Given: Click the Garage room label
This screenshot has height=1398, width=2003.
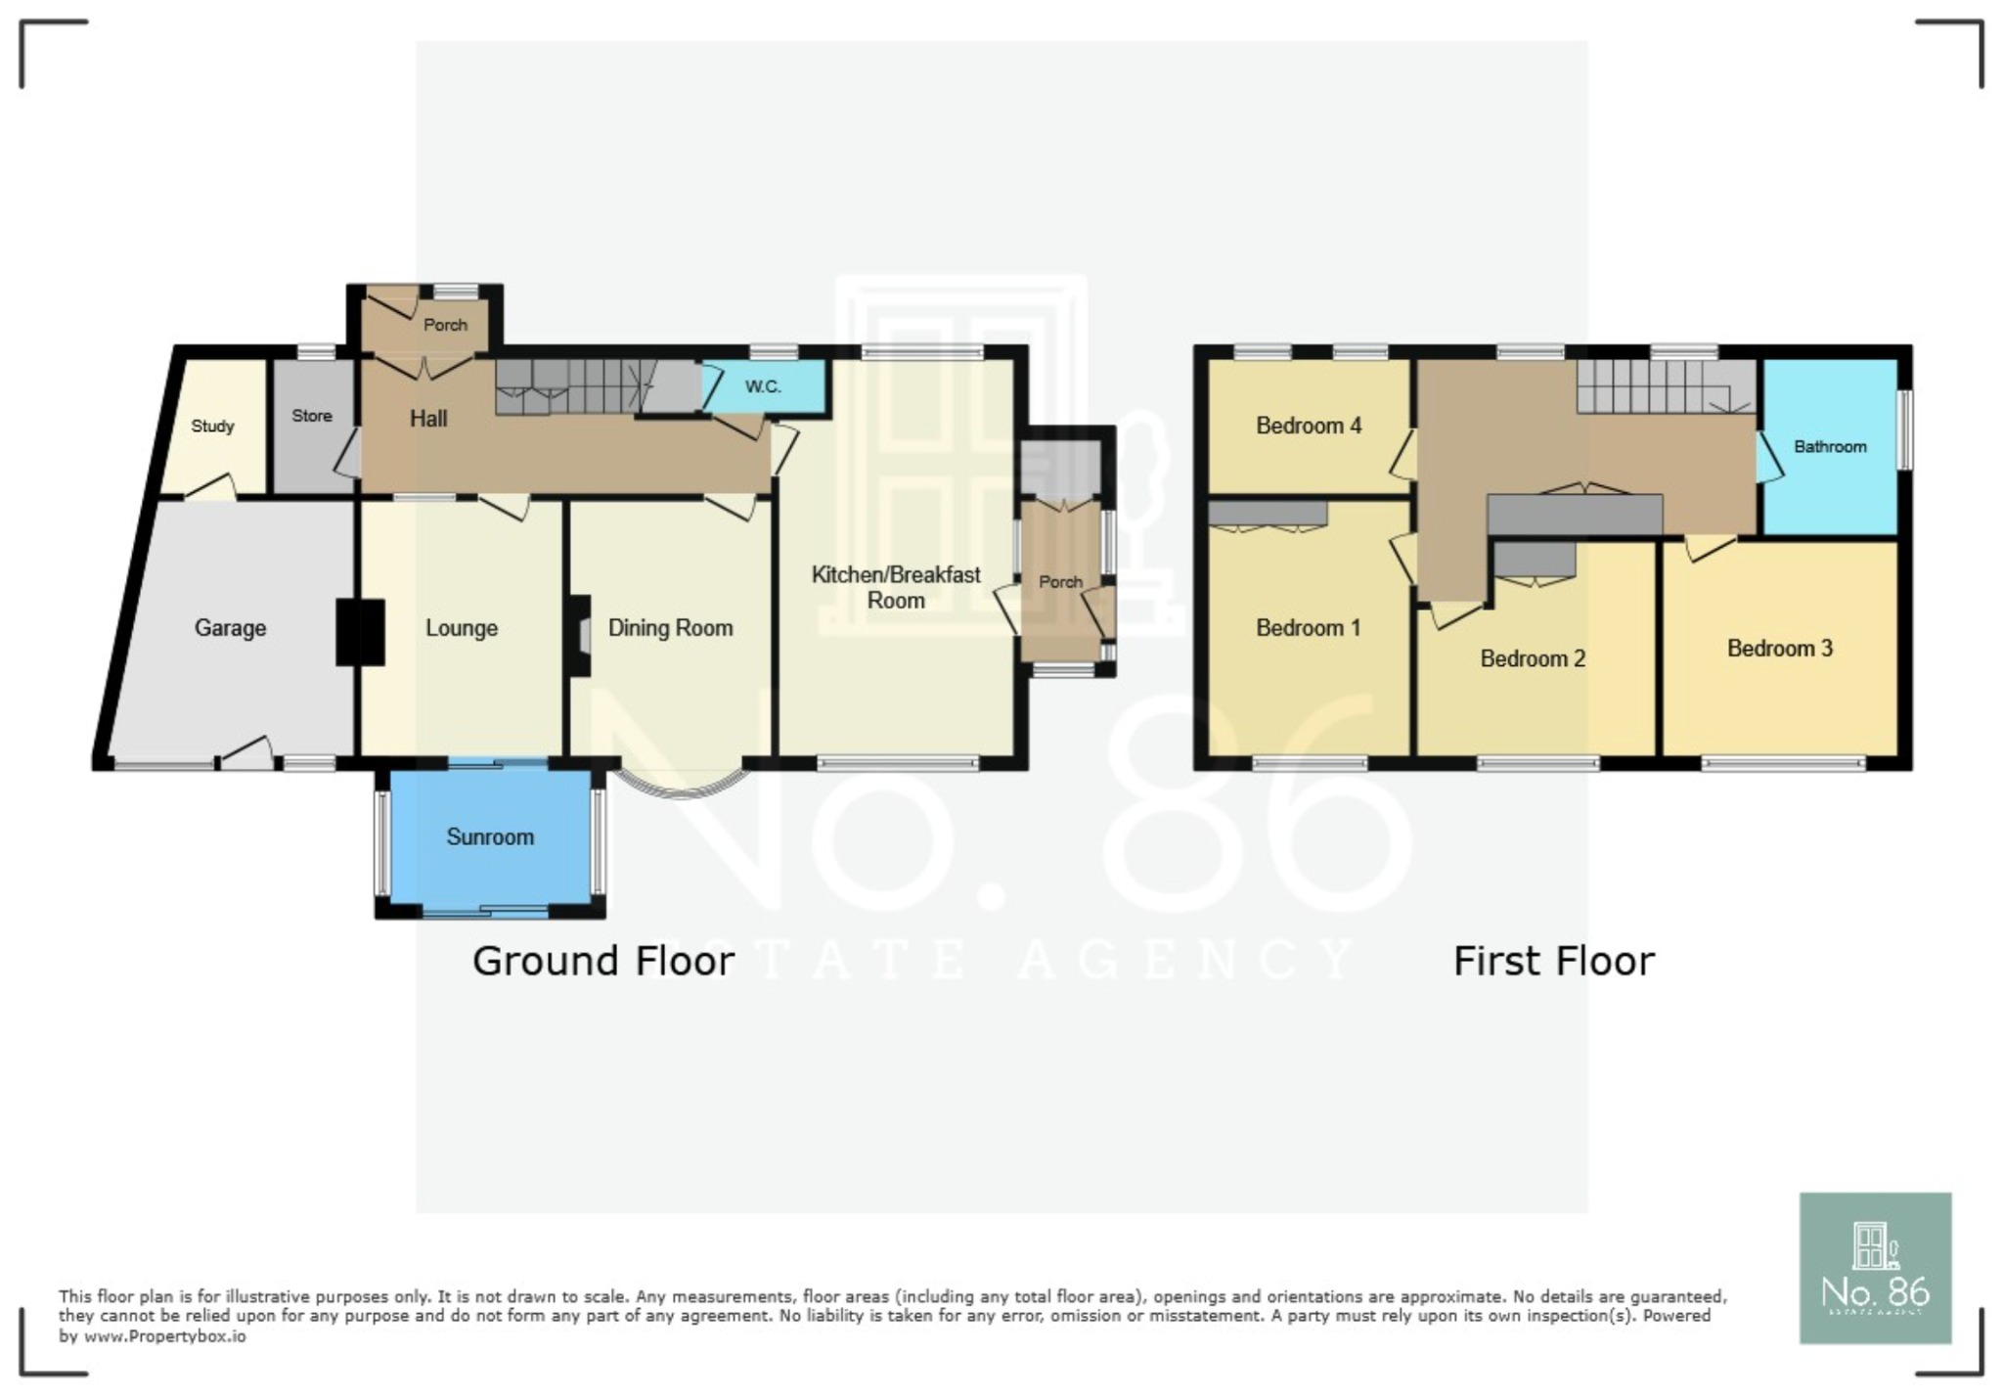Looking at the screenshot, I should (230, 628).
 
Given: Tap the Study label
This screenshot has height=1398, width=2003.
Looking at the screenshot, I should (212, 427).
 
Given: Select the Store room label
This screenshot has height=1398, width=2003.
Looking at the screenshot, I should (312, 416).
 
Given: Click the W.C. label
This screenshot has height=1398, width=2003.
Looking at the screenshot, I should (763, 386).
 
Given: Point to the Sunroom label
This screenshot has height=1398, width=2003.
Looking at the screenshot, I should (490, 837).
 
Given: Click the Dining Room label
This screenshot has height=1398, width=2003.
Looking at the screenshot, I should (670, 628).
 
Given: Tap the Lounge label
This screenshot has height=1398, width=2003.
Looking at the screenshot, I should (461, 628).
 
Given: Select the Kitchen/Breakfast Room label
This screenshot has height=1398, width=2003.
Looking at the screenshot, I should (896, 587).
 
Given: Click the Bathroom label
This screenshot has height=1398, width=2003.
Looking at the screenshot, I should (1830, 447).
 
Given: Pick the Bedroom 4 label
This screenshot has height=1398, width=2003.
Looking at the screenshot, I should (1309, 426).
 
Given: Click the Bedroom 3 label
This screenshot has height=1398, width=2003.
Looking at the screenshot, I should (1779, 649).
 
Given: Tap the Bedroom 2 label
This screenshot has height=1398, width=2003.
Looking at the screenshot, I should (1533, 659).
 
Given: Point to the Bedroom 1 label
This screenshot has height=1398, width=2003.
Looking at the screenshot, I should (1308, 628).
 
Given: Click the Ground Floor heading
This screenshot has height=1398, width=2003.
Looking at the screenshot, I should (603, 962).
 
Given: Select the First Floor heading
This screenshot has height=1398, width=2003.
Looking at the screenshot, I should (1554, 962).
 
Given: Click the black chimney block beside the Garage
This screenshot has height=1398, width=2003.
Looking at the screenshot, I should (359, 632).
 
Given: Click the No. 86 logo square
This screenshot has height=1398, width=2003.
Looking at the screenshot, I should (1875, 1268).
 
